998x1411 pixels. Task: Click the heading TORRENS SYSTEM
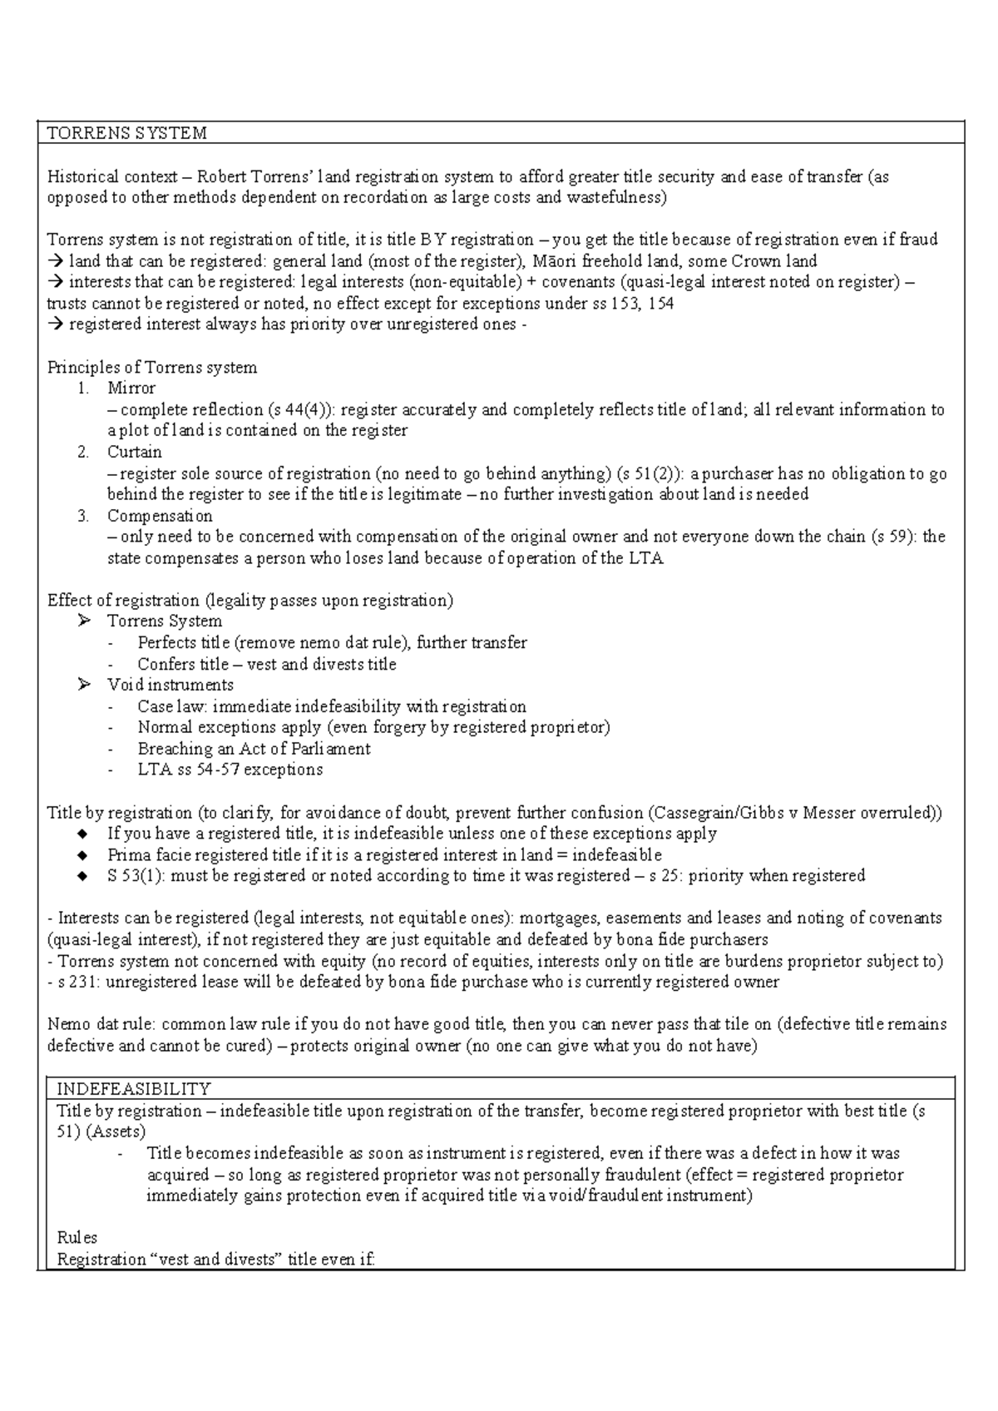pyautogui.click(x=126, y=133)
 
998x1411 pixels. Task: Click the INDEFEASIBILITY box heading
pyautogui.click(x=133, y=1089)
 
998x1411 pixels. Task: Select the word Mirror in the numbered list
pyautogui.click(x=131, y=389)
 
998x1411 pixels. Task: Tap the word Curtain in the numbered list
pyautogui.click(x=134, y=453)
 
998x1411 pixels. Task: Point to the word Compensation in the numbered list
pyautogui.click(x=160, y=516)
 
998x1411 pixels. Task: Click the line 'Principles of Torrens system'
pyautogui.click(x=152, y=368)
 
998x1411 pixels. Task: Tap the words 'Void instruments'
pyautogui.click(x=170, y=686)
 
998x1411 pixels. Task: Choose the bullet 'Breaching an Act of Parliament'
pyautogui.click(x=254, y=749)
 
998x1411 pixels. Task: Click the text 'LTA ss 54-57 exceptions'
pyautogui.click(x=230, y=770)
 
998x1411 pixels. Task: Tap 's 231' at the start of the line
pyautogui.click(x=72, y=983)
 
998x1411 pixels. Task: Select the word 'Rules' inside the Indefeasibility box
pyautogui.click(x=77, y=1238)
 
